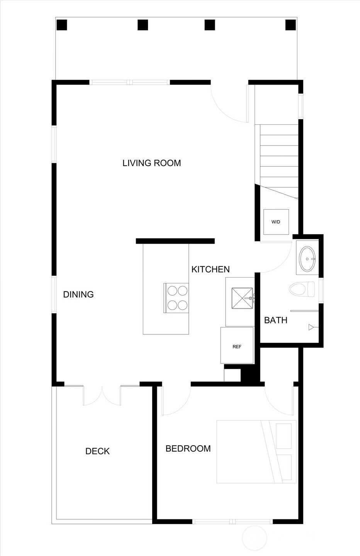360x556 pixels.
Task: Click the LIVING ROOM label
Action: click(x=151, y=163)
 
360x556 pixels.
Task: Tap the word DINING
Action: click(x=78, y=294)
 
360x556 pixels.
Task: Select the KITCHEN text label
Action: click(x=211, y=270)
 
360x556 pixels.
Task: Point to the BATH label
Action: click(x=275, y=320)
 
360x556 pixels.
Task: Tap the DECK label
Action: click(x=98, y=451)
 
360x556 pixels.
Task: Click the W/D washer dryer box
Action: click(x=276, y=222)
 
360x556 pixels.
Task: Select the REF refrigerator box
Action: click(x=237, y=346)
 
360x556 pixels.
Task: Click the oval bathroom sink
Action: click(x=307, y=259)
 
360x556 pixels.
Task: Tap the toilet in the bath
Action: click(x=302, y=289)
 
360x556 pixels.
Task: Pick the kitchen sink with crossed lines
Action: click(x=242, y=298)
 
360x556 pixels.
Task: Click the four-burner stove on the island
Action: click(x=176, y=298)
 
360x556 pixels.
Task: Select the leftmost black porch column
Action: click(x=62, y=25)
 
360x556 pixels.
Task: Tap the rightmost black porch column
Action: click(x=290, y=25)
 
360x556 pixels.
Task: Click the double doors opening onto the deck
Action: click(x=102, y=396)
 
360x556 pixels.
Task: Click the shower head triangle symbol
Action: click(x=311, y=327)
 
